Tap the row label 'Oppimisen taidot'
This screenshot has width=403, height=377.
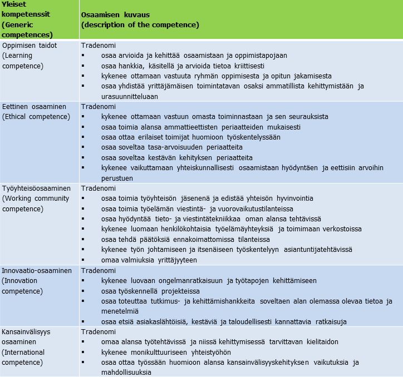point(30,46)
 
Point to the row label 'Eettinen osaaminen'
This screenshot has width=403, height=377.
point(34,106)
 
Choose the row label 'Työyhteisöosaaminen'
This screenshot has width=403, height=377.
point(36,188)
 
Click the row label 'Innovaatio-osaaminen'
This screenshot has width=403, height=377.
point(37,270)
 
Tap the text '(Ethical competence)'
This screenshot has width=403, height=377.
point(36,116)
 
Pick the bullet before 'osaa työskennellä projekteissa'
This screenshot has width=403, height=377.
point(83,291)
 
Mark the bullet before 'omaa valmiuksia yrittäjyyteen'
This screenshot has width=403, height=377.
point(83,260)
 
